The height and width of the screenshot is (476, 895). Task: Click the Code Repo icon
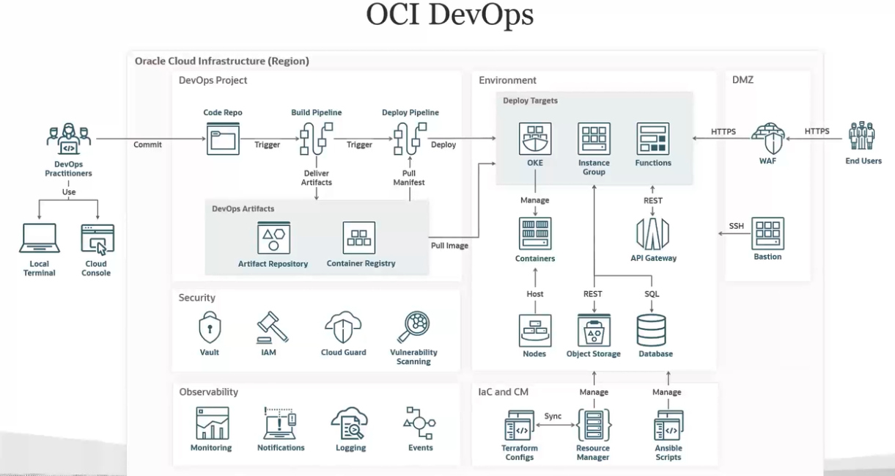tap(223, 139)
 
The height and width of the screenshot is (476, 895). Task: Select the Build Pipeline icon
tap(316, 139)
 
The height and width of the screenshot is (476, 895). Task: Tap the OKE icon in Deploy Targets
tap(535, 139)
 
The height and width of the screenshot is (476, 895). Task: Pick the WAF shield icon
tap(768, 138)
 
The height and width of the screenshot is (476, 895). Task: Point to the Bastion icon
tap(767, 233)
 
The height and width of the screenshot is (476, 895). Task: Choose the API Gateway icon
tap(652, 234)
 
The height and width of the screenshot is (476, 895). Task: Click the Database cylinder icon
tap(651, 330)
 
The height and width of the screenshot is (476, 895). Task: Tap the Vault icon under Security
tap(210, 328)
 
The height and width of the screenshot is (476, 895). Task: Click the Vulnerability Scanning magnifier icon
tap(413, 327)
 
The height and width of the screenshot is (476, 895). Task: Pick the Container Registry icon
tap(359, 238)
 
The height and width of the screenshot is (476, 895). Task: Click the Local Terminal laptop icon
tap(40, 239)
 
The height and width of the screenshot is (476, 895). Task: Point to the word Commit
tap(148, 144)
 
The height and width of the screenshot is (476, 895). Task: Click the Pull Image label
tap(449, 246)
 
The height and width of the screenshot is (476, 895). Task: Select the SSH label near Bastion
tap(737, 226)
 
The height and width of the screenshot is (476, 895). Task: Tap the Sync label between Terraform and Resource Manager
tap(553, 416)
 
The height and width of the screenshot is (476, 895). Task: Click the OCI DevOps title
tap(449, 16)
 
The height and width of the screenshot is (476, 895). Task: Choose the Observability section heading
tap(209, 392)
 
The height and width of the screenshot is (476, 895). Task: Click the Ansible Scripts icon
tap(669, 425)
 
